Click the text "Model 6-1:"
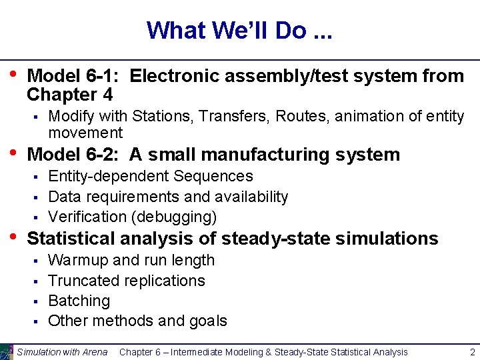tap(75, 76)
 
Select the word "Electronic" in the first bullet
tap(175, 76)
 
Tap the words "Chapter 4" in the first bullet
tap(69, 94)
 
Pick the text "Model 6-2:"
tap(75, 155)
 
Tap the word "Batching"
tap(79, 301)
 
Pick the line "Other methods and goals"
tap(137, 321)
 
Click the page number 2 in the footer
tap(472, 352)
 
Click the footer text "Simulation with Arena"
tap(63, 352)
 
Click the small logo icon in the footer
tap(7, 352)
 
